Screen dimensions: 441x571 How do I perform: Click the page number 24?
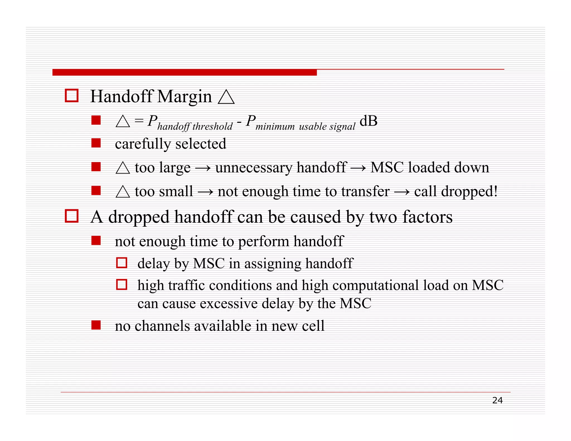497,400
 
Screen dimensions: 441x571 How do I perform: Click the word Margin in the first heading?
184,97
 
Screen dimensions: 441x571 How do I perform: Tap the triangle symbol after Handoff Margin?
226,97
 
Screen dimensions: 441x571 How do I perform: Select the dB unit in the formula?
368,121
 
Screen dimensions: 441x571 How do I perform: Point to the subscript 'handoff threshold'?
195,127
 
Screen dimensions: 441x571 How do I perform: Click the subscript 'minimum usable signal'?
305,127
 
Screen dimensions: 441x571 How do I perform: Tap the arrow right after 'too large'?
203,168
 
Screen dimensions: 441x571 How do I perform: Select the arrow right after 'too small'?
205,192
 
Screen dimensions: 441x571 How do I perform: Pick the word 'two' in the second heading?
383,217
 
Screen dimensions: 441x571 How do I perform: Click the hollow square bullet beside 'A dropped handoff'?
72,216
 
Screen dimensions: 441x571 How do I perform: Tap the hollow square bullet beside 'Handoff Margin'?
72,96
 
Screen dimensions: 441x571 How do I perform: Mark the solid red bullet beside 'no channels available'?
96,325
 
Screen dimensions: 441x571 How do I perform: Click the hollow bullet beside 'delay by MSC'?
122,263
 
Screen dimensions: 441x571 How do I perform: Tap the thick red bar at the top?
184,72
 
